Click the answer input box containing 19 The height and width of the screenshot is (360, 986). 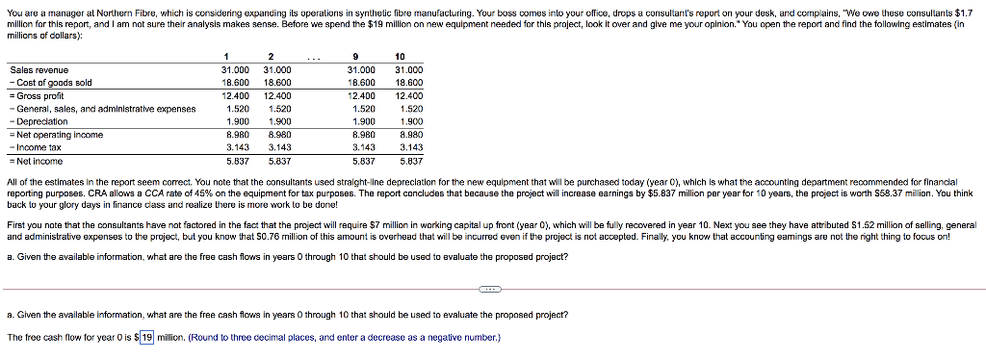pyautogui.click(x=147, y=337)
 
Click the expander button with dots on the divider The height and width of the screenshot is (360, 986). pyautogui.click(x=491, y=289)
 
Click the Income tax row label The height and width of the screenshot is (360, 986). pyautogui.click(x=39, y=148)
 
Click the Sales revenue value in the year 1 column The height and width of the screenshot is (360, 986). pyautogui.click(x=236, y=70)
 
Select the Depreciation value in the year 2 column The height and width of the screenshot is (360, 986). pyautogui.click(x=277, y=122)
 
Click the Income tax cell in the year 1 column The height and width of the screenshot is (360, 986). pyautogui.click(x=236, y=148)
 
